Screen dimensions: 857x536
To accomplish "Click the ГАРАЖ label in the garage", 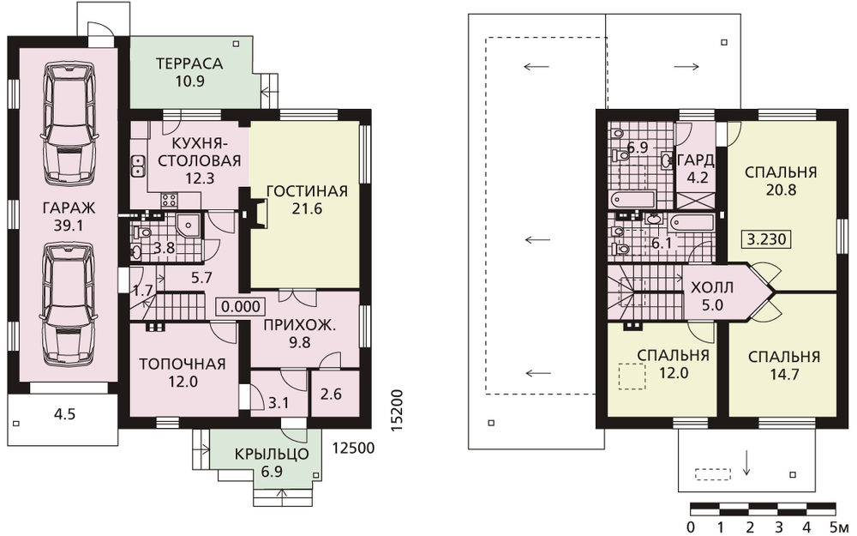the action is point(69,208).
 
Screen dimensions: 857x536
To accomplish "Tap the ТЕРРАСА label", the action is point(189,63).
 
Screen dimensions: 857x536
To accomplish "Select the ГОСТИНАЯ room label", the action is point(307,191).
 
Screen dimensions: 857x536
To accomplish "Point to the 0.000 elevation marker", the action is point(241,306).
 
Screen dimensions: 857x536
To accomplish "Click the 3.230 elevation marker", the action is point(766,239).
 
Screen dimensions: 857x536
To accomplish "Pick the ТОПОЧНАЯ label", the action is point(183,364).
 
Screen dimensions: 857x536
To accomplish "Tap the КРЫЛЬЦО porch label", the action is point(272,454).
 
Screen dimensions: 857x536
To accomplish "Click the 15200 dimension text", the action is point(398,412).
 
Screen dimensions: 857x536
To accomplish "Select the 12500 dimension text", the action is point(354,449).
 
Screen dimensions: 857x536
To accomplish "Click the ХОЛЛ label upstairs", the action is point(712,287).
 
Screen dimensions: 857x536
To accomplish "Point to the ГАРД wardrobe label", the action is point(695,160).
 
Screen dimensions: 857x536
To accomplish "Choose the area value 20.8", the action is point(781,190).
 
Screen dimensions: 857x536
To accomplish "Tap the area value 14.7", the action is point(784,375).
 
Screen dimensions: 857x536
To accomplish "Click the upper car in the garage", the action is point(69,123).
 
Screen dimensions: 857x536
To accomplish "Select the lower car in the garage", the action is point(69,303).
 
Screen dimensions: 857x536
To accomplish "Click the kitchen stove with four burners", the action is point(170,200).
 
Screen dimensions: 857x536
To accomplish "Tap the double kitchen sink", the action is point(137,166).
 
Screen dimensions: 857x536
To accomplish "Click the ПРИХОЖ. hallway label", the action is point(299,325).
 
